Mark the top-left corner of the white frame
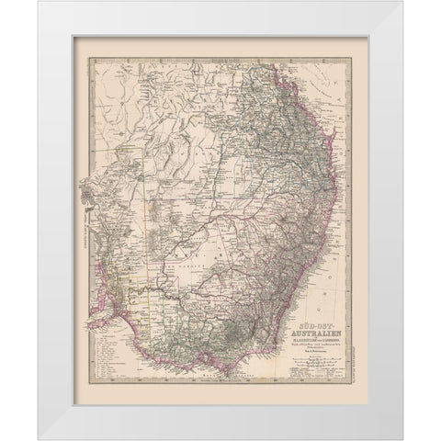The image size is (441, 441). [x=40, y=3]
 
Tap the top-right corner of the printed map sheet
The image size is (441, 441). [x=367, y=38]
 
